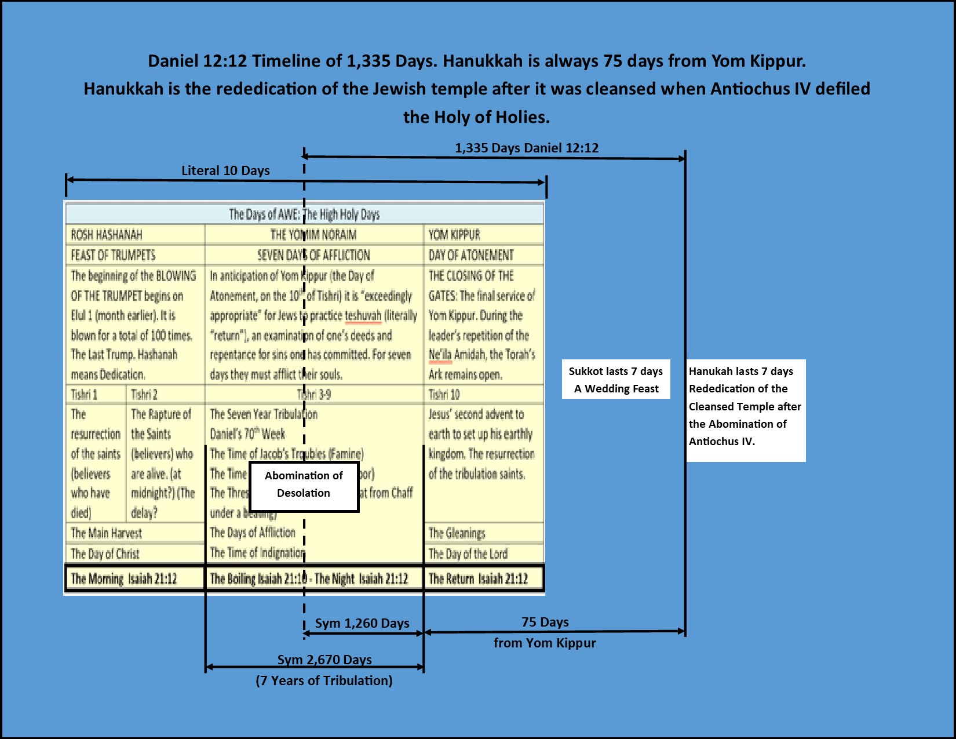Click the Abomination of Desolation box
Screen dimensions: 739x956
click(304, 486)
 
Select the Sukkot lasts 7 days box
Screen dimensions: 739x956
click(616, 380)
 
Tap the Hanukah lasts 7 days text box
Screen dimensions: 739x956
click(746, 410)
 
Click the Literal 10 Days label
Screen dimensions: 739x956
click(225, 170)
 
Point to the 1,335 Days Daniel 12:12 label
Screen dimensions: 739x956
click(526, 148)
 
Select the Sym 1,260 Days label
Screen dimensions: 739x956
click(362, 623)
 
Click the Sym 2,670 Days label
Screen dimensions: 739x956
click(324, 660)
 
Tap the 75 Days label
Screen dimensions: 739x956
click(545, 622)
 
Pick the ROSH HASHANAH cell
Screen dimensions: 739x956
click(135, 235)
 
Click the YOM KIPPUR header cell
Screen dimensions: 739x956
click(483, 235)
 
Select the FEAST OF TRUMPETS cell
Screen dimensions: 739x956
click(135, 255)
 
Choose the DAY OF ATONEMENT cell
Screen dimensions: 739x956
click(483, 255)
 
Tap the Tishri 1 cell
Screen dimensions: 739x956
click(96, 395)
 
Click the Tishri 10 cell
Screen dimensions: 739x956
click(483, 395)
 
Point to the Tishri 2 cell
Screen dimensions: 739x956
click(165, 395)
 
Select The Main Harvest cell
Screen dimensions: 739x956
click(135, 533)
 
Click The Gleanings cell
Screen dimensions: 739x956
click(483, 533)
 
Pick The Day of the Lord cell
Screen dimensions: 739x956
click(483, 554)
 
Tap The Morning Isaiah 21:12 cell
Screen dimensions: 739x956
click(135, 578)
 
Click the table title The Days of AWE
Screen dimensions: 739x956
click(304, 214)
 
